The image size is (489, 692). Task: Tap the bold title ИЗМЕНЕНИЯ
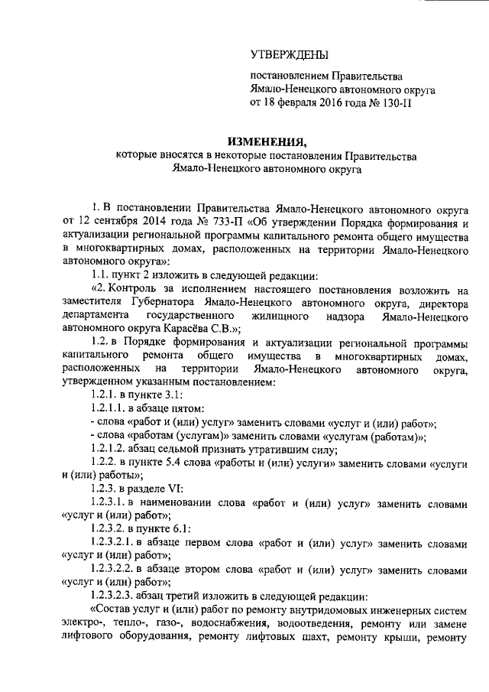click(x=265, y=141)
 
